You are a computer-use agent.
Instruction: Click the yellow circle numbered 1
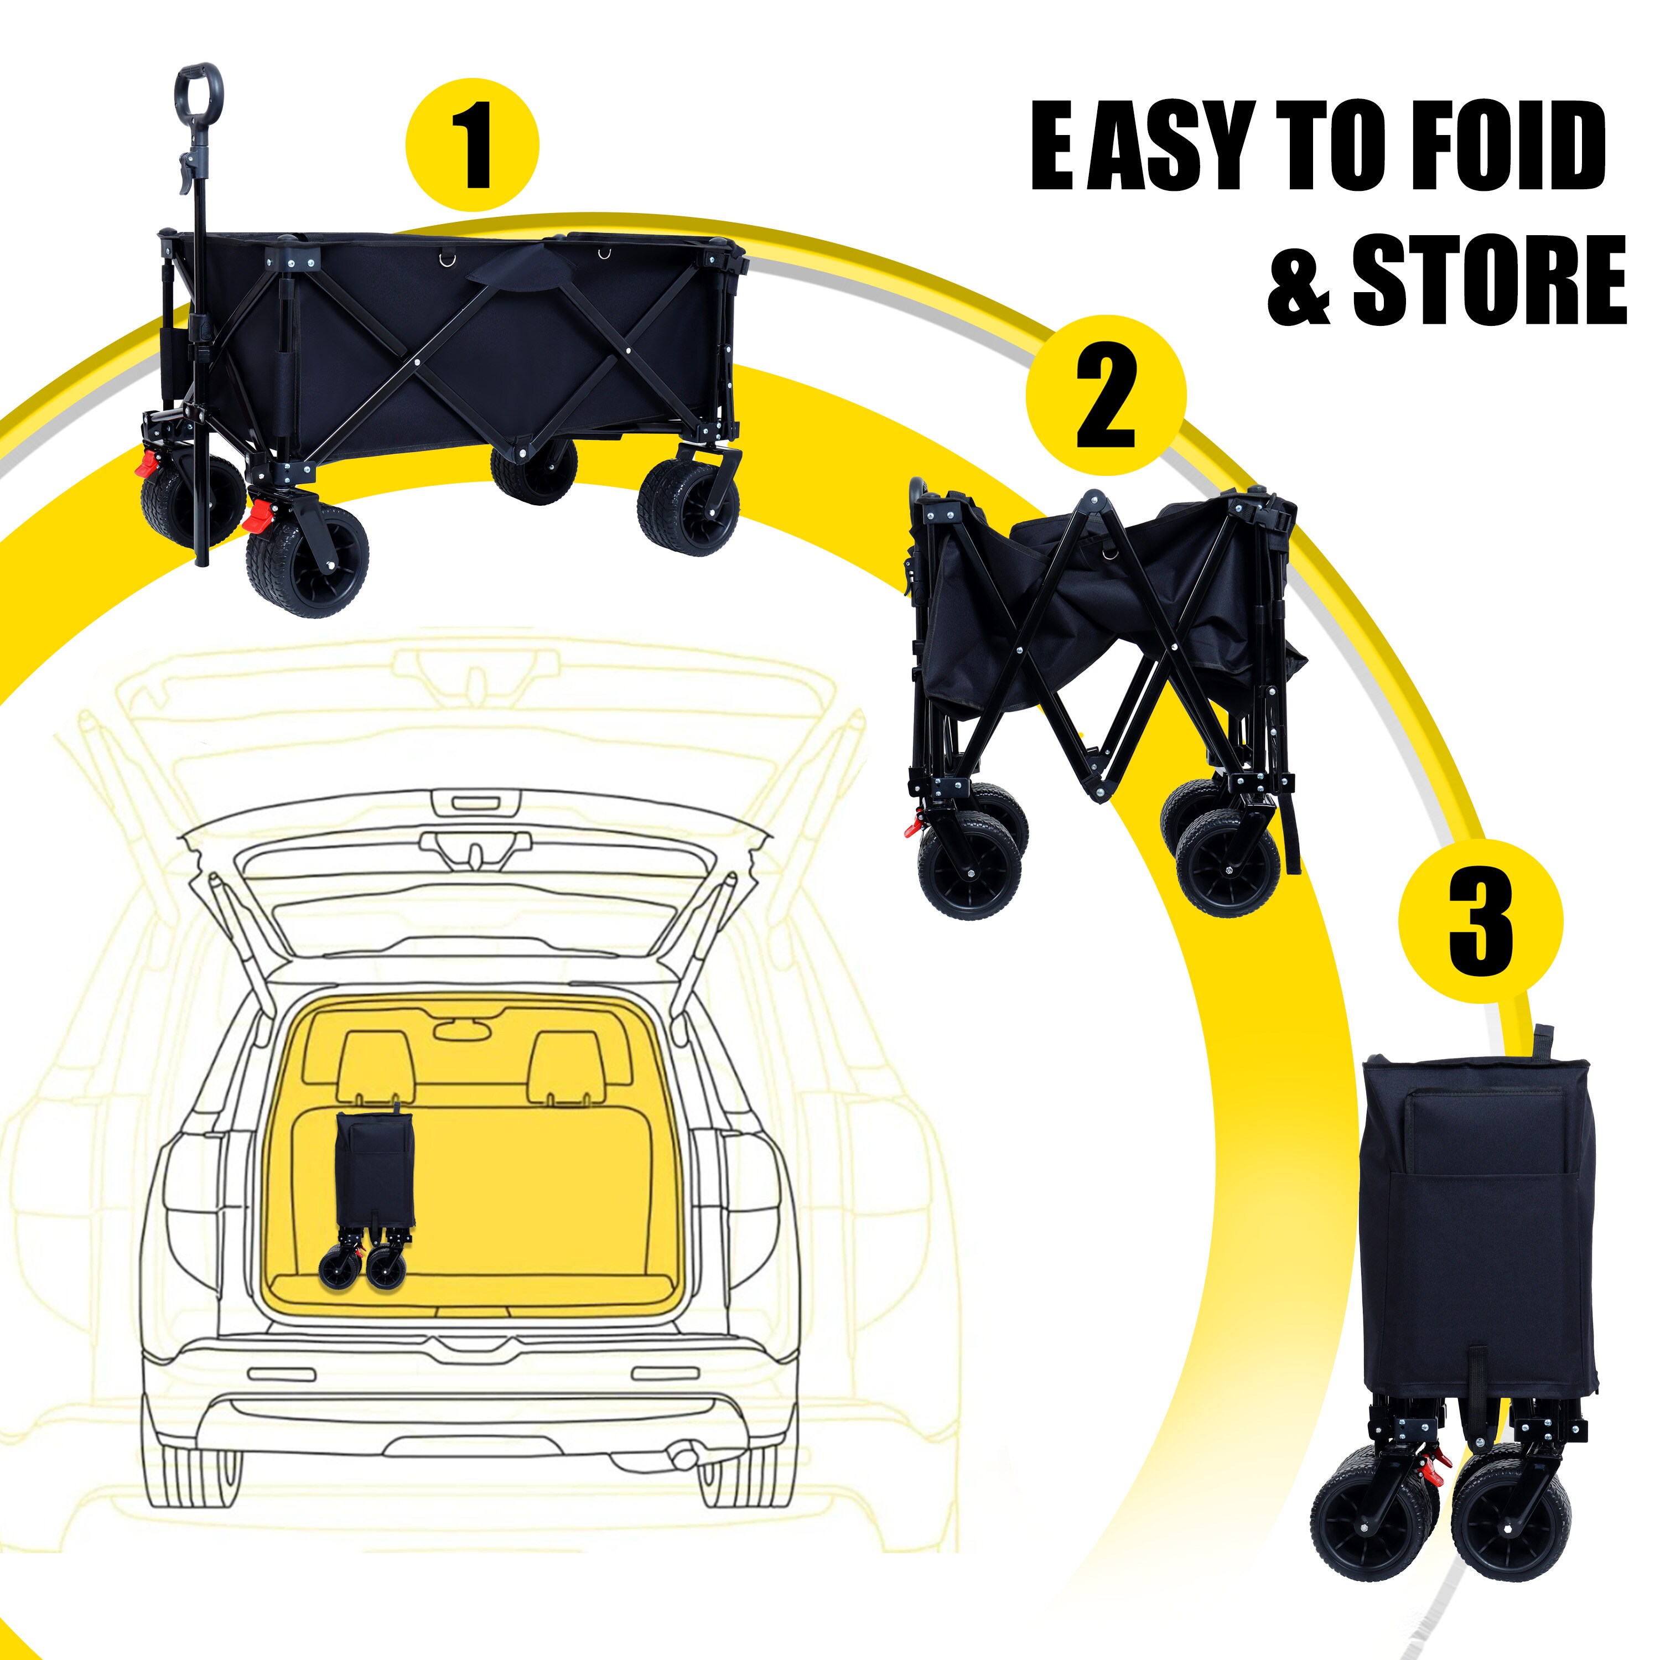coord(471,145)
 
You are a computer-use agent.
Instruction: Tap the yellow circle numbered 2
coord(1105,395)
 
